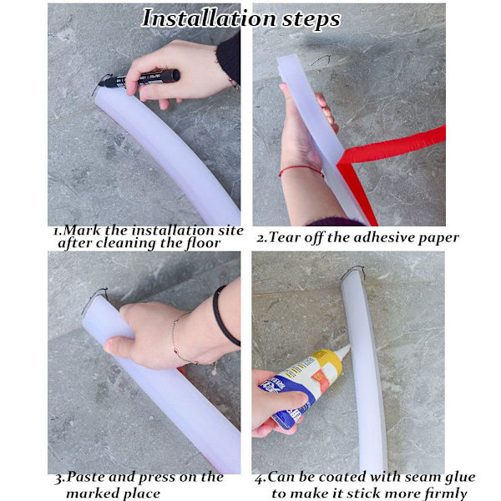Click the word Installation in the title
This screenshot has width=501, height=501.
209,18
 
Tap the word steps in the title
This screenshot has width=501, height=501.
311,20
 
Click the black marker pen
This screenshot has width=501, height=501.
139,78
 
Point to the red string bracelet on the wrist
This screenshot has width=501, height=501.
301,170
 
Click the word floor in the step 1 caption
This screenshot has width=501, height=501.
203,243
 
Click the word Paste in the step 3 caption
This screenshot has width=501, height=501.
86,477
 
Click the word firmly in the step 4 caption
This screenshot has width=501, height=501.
446,493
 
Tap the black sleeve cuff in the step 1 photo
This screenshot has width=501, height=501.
229,58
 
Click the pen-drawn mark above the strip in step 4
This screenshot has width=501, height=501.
352,271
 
